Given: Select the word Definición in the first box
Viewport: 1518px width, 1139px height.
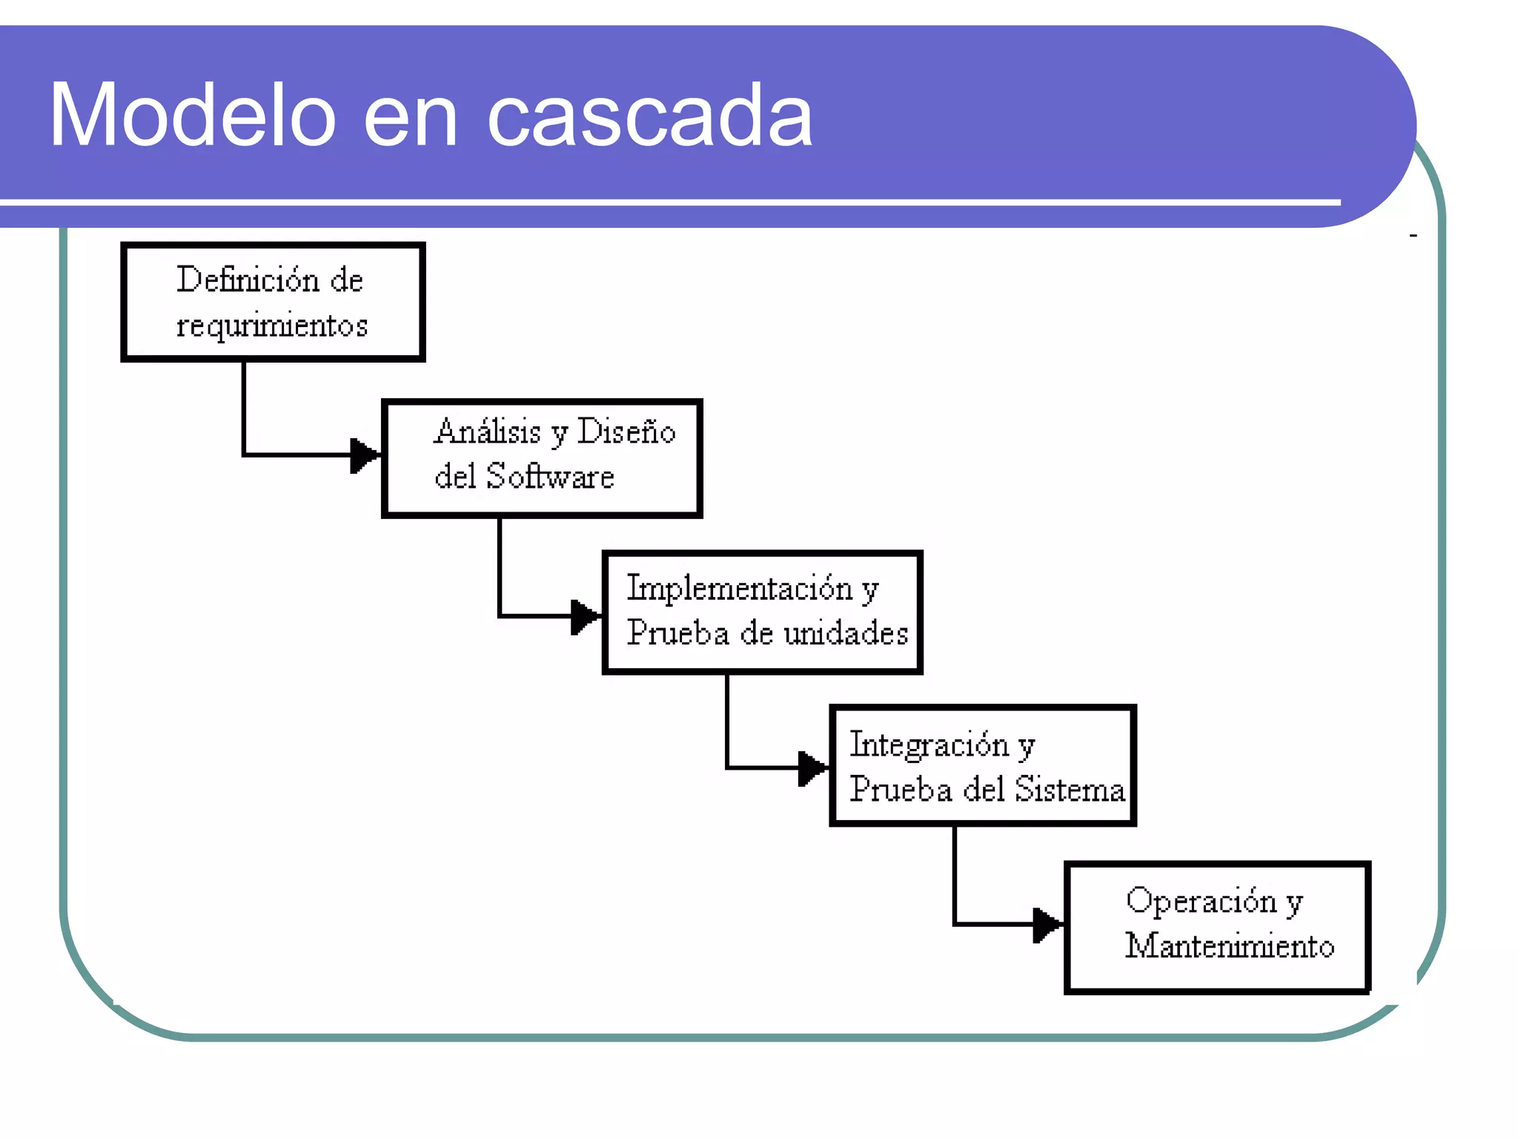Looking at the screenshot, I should (x=248, y=280).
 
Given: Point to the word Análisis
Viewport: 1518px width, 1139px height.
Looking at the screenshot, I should (x=487, y=432).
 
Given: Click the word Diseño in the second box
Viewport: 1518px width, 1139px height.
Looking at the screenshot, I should (x=626, y=432).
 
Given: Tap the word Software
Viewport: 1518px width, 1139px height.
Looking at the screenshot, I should (x=550, y=476).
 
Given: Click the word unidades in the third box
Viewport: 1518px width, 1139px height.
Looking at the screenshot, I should (x=846, y=633).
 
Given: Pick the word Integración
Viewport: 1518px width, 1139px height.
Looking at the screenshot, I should (x=929, y=745).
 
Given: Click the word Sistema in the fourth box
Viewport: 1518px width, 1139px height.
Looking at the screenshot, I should (x=1069, y=789).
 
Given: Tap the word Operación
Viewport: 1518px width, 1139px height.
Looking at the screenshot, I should (x=1201, y=901).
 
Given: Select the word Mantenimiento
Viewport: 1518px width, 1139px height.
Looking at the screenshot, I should (x=1230, y=946).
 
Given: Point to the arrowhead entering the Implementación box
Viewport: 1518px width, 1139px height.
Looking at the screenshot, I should (x=585, y=616).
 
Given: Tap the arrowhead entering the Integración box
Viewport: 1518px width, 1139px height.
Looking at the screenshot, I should (x=812, y=767).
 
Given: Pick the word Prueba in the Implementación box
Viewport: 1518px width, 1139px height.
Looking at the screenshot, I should (x=677, y=633).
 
